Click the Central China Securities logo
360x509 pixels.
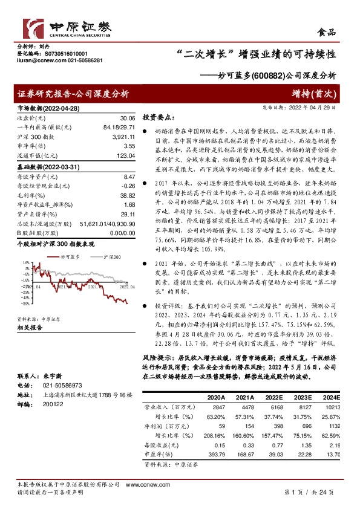pyautogui.click(x=67, y=28)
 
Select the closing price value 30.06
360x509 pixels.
pyautogui.click(x=126, y=118)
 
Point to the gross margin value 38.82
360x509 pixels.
pyautogui.click(x=126, y=196)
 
